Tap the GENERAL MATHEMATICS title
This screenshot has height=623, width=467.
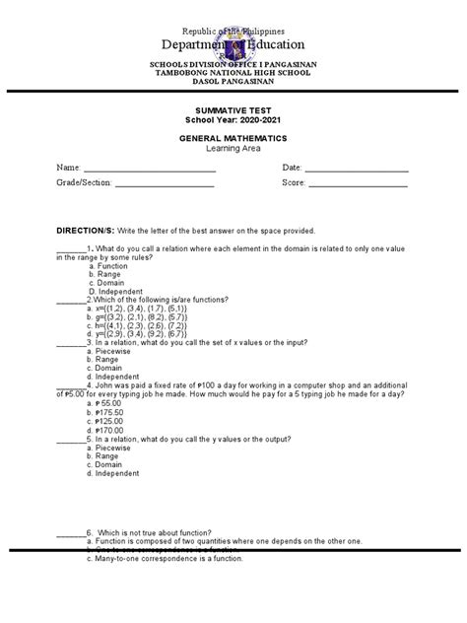tap(233, 139)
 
